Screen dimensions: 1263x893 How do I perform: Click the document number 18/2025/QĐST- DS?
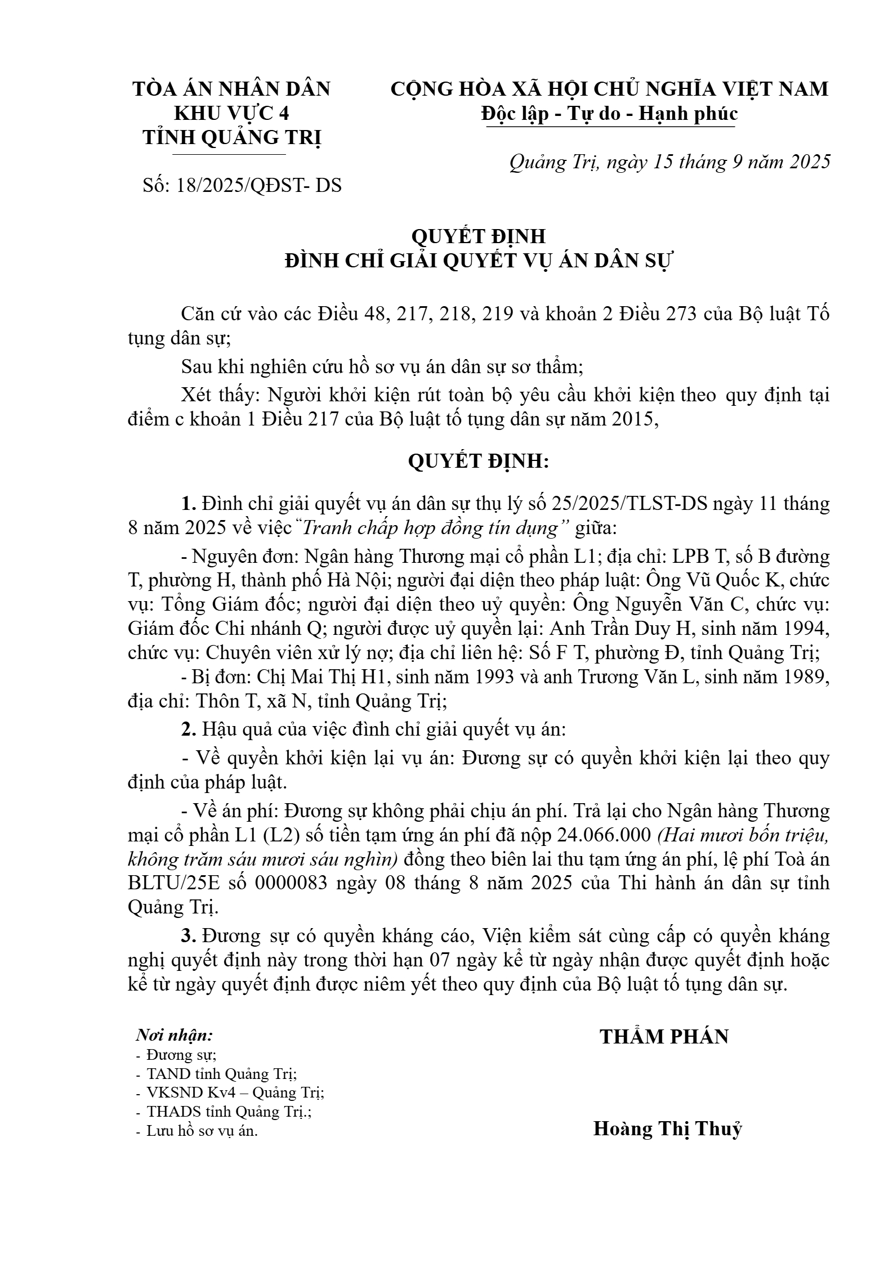click(258, 185)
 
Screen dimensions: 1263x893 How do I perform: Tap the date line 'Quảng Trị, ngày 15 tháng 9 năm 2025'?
click(669, 162)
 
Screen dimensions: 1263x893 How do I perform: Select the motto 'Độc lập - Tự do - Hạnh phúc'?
click(609, 114)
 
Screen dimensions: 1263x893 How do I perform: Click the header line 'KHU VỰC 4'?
click(231, 114)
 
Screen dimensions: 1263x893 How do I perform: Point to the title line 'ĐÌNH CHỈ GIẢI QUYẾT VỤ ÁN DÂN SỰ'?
click(479, 261)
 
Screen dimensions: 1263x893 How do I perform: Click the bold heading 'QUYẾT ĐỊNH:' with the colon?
click(478, 462)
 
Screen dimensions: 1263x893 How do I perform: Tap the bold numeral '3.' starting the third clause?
click(189, 935)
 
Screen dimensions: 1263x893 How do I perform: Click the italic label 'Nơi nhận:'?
click(175, 1035)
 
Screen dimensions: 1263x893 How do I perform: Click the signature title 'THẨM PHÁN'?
click(664, 1036)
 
